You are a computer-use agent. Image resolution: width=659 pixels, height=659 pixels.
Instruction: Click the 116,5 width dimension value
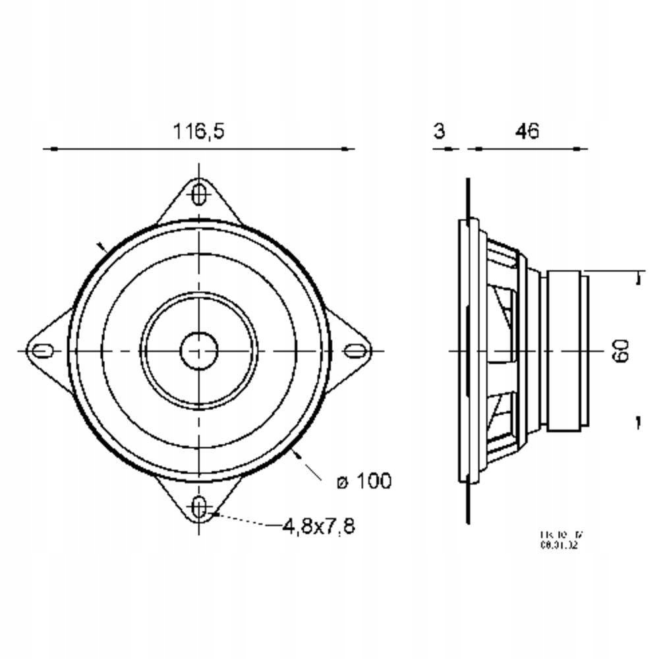pos(198,131)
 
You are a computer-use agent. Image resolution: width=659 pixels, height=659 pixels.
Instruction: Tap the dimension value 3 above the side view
pos(439,131)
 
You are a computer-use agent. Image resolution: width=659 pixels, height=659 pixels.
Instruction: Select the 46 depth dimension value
pos(527,131)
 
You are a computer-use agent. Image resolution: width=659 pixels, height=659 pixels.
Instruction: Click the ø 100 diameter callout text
pos(363,481)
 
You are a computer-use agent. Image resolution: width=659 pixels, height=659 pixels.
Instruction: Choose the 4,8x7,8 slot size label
pos(318,526)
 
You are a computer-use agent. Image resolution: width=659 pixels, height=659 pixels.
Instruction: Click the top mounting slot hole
pos(199,194)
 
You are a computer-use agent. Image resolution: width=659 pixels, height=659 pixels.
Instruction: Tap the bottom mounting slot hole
pos(199,507)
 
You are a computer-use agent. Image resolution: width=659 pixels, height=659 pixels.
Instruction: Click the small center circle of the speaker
pos(199,350)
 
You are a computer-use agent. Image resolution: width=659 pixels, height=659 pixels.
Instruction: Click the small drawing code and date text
pos(559,540)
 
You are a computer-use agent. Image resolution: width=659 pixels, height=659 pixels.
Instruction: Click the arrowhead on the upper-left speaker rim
pos(101,248)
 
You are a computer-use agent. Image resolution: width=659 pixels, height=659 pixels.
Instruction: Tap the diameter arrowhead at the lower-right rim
pos(297,454)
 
